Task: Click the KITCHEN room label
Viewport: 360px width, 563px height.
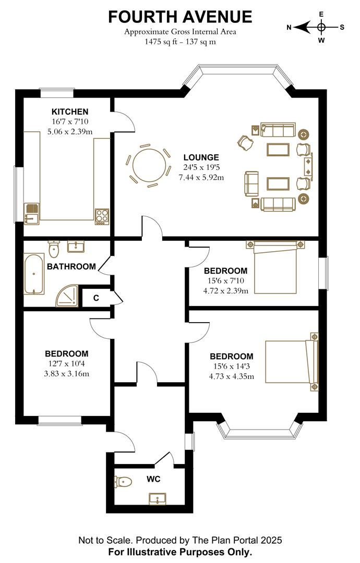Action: [x=70, y=112]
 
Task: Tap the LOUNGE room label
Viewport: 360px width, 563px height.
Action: [x=201, y=157]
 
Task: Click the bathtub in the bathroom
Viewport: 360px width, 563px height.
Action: [x=34, y=274]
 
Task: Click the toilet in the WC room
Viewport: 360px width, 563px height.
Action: [x=124, y=482]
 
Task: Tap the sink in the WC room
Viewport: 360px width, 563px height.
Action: [x=157, y=499]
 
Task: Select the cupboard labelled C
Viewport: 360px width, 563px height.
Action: [x=96, y=298]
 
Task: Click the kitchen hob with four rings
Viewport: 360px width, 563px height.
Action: [x=102, y=216]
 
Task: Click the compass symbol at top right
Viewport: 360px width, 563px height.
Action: [x=321, y=27]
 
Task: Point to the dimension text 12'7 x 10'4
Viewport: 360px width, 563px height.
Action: [x=66, y=363]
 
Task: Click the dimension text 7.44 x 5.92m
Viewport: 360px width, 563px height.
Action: [x=201, y=177]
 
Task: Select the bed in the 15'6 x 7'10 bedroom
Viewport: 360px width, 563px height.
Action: [x=275, y=267]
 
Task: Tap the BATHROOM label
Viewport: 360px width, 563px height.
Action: [x=71, y=266]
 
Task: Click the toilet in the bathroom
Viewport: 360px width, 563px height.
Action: [x=54, y=249]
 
